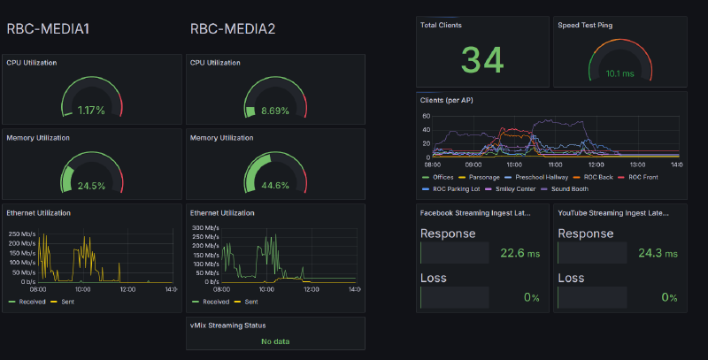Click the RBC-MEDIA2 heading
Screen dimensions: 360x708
pos(233,29)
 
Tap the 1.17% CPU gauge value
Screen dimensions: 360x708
pos(90,111)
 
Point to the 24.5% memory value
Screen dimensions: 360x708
pos(90,186)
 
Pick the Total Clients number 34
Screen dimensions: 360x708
pos(482,60)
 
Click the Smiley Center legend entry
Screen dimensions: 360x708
pos(513,188)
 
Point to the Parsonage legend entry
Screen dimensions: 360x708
pos(483,177)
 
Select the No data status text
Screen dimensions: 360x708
pos(275,341)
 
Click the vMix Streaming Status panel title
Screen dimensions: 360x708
pos(227,326)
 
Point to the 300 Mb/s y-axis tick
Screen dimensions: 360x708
pos(207,227)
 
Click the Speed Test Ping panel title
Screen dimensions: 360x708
pos(585,25)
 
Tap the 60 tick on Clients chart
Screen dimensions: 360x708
pos(426,116)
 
